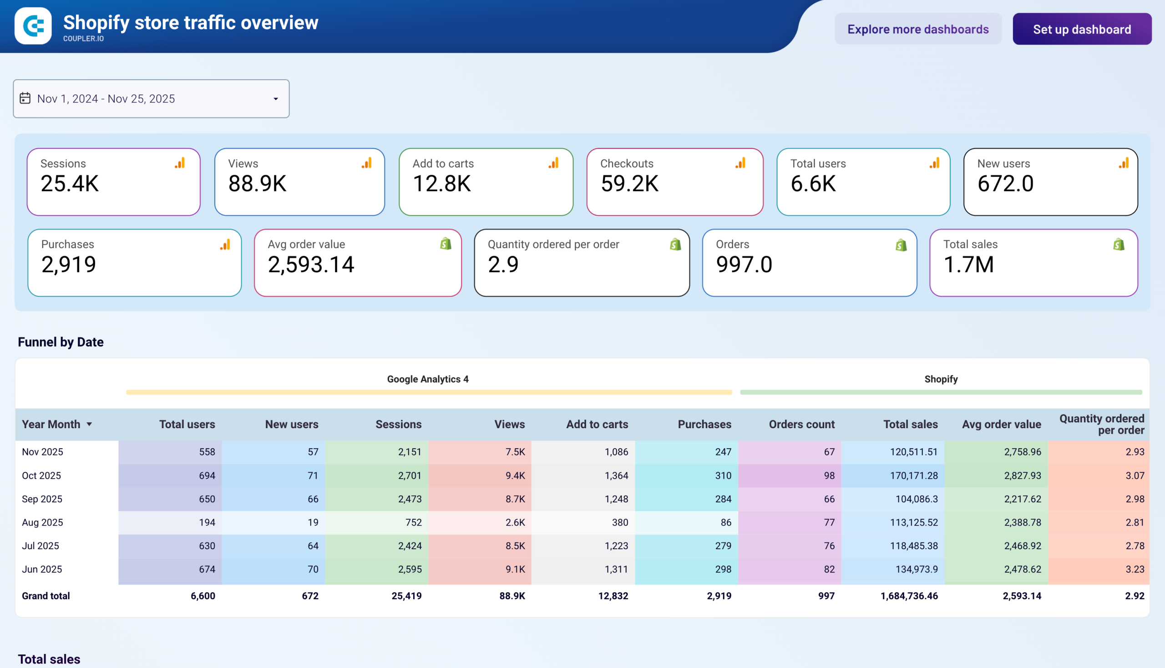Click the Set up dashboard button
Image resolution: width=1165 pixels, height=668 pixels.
1081,29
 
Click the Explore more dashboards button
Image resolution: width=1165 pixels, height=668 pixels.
918,29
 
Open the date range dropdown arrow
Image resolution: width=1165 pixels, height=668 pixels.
276,99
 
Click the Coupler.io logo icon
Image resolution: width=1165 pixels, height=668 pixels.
33,25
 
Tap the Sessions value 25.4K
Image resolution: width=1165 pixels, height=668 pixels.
70,183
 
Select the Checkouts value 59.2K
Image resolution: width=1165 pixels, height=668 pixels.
629,183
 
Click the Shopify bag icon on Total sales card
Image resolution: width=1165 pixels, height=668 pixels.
1119,244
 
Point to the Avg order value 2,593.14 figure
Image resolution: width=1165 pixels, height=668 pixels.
311,265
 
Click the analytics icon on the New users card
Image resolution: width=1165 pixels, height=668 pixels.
1123,163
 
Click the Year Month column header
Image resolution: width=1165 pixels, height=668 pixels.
51,425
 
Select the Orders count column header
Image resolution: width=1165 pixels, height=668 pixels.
801,425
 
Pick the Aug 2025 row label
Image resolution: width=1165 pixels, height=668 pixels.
43,522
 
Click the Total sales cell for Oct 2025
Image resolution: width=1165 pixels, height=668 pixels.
913,476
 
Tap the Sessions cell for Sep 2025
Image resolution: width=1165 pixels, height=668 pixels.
409,499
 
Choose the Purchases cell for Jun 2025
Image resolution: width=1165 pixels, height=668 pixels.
723,569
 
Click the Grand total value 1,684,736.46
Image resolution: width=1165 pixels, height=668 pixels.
908,596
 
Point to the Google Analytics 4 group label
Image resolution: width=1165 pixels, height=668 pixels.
428,379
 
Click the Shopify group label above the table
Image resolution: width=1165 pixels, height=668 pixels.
941,379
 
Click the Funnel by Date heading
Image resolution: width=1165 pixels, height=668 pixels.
61,342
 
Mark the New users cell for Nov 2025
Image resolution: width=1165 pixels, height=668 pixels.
313,451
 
